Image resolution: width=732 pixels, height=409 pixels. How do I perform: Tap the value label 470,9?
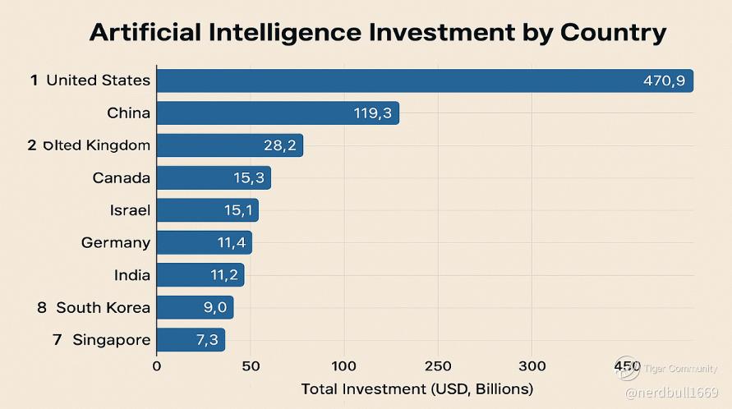point(664,80)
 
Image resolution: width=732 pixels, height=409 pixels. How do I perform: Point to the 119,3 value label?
point(373,113)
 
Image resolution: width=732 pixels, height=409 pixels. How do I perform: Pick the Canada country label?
point(122,178)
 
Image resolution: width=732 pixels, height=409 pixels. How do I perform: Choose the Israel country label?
point(130,210)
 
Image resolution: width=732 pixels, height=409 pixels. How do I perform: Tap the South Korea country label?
point(104,308)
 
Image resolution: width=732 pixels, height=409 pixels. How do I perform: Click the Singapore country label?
point(112,340)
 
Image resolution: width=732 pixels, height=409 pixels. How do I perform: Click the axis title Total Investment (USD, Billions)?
point(417,388)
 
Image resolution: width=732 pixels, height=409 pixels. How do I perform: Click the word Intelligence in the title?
point(293,32)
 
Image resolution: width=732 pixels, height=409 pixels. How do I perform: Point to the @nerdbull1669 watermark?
point(672,393)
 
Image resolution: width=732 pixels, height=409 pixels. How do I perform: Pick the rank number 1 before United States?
point(35,80)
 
